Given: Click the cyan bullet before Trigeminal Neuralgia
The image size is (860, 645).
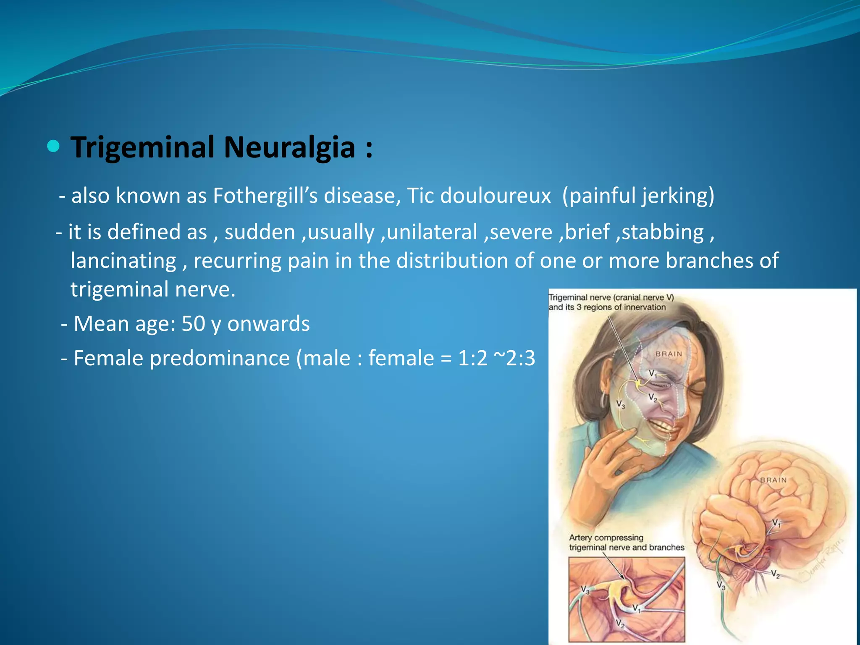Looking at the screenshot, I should coord(53,147).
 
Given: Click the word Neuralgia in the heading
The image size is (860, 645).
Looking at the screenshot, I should coord(289,147).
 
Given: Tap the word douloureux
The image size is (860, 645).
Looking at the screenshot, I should coord(496,196).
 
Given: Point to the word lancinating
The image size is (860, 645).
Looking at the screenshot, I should coord(123,261).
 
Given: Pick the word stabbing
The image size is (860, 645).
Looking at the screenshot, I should coord(663,232).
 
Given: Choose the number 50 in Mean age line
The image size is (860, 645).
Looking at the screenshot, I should coord(193,324).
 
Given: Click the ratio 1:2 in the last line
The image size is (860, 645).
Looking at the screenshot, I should coord(473,358).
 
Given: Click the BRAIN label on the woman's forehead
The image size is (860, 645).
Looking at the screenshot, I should coord(669,354).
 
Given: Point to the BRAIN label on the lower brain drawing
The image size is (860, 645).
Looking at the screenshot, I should coord(773,480).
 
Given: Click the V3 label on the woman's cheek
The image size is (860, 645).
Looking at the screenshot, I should coord(620,404).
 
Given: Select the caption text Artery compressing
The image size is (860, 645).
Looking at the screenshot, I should coord(606,537).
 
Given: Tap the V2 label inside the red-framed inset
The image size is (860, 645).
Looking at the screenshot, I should coord(620,624).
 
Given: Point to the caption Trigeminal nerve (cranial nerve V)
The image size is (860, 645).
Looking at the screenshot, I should coord(611,298).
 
